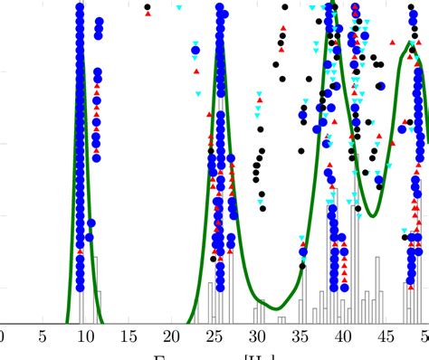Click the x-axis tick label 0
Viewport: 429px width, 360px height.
(3, 337)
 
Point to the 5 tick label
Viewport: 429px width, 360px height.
(43, 337)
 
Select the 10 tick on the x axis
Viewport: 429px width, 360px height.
(85, 337)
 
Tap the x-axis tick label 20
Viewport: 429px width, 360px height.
(171, 337)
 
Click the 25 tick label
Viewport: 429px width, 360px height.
(214, 337)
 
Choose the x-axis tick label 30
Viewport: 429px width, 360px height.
(257, 337)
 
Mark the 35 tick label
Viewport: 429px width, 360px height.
(300, 337)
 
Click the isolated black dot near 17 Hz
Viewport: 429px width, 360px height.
(147, 7)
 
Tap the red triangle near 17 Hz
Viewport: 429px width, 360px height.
(147, 14)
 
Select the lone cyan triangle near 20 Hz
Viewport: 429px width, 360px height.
(179, 7)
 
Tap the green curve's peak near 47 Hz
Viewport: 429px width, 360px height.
(411, 43)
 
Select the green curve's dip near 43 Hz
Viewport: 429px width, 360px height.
(372, 215)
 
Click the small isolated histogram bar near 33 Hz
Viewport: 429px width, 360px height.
(281, 319)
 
